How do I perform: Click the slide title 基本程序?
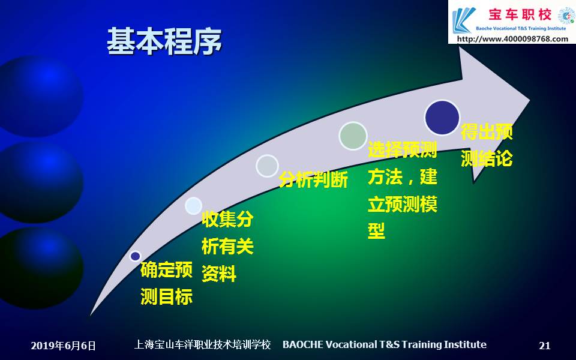164,41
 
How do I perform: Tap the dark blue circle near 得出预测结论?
442,117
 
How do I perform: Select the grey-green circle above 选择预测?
353,136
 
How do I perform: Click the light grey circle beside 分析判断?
267,166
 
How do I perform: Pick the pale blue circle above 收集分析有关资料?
194,206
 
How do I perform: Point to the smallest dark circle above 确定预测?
135,256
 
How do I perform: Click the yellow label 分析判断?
313,179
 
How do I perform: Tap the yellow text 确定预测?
166,269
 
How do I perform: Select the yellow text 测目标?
166,296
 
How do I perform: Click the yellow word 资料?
219,274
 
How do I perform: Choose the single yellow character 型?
376,230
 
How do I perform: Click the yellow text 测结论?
487,158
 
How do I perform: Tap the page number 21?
545,346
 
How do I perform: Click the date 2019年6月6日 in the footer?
63,346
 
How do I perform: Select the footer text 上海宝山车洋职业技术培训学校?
202,344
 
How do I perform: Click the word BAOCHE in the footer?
303,344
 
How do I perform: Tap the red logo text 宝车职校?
520,14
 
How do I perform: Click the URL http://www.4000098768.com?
512,38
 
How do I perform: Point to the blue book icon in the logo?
464,20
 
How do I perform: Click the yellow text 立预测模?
402,204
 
